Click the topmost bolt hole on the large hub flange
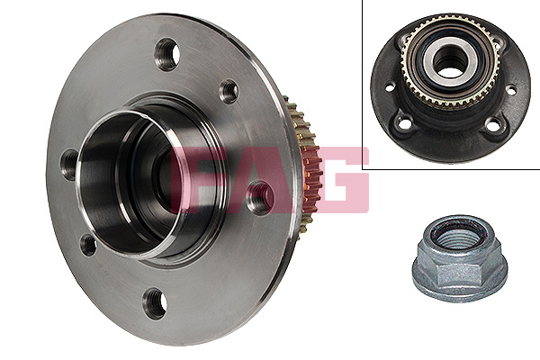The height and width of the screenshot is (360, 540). (x=167, y=55)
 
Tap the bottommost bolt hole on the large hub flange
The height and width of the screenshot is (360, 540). (x=155, y=304)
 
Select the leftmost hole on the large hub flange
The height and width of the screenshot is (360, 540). (x=70, y=165)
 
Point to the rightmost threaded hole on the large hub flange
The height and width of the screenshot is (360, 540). (x=261, y=198)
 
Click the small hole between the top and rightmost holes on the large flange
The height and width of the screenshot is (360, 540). (x=229, y=91)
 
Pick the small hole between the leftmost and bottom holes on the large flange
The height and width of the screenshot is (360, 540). (x=88, y=245)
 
